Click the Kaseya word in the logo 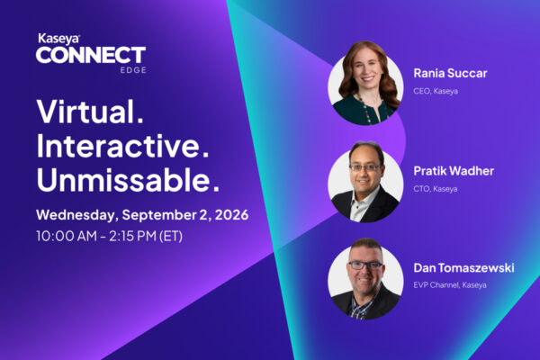click(x=58, y=39)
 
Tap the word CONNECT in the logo click(x=91, y=55)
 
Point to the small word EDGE click(x=133, y=70)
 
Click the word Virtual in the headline click(x=90, y=111)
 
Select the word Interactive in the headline click(x=122, y=146)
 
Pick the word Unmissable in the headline click(x=128, y=179)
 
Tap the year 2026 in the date click(x=231, y=214)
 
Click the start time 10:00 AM click(x=67, y=236)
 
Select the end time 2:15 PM click(x=133, y=236)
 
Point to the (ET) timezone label click(x=171, y=237)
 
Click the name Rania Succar click(x=450, y=73)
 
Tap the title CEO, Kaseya click(x=436, y=91)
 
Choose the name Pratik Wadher click(x=454, y=170)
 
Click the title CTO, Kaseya click(x=436, y=189)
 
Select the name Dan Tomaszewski click(x=463, y=267)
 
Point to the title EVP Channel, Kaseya click(x=450, y=285)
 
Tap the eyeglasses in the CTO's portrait click(x=365, y=167)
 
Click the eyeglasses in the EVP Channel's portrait click(x=365, y=265)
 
